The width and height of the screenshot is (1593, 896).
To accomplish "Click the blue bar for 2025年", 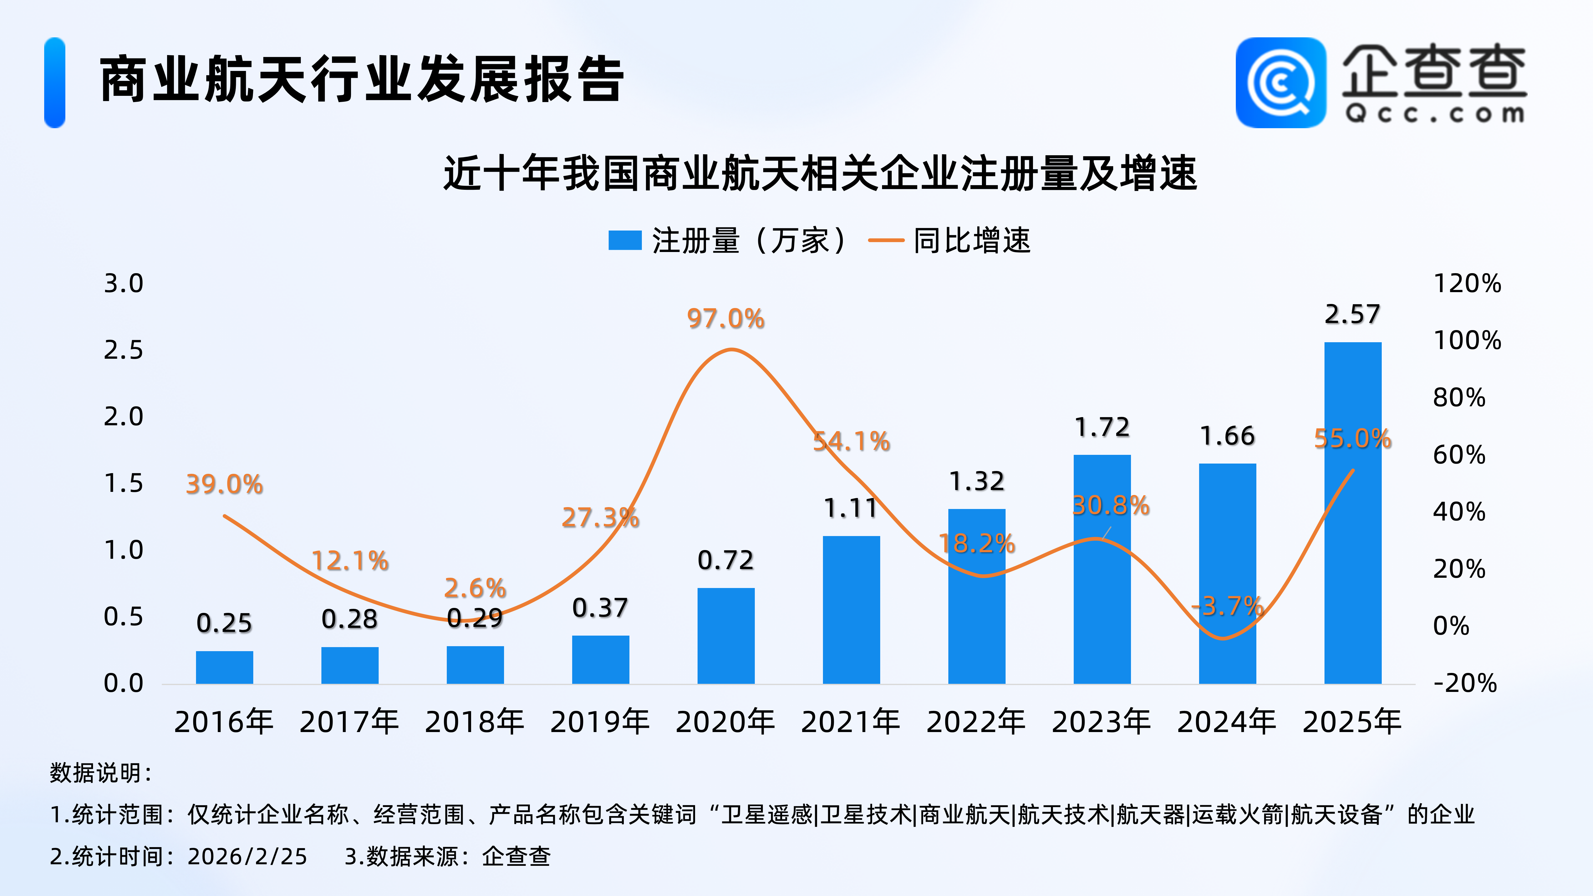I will pos(1352,513).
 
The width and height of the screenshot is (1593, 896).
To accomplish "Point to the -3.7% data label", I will pos(1227,606).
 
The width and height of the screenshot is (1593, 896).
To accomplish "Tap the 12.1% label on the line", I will pos(350,561).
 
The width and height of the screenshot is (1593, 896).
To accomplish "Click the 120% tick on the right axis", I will pos(1467,284).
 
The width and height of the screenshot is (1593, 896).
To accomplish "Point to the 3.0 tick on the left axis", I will pos(124,284).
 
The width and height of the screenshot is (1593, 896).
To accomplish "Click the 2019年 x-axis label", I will pos(600,722).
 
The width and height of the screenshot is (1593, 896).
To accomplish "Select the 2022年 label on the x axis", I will pos(976,722).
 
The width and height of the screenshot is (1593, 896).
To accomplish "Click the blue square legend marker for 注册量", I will pos(624,240).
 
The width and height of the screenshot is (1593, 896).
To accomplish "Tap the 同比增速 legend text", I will pos(972,240).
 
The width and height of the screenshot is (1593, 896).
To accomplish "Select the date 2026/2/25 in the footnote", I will pos(247,856).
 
